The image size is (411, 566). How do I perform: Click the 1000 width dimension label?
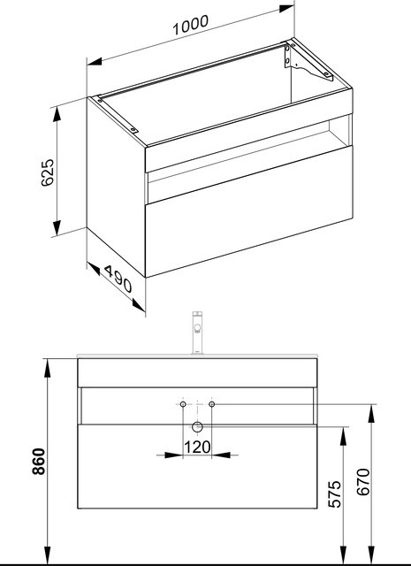(x=191, y=25)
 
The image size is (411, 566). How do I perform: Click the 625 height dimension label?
(x=48, y=172)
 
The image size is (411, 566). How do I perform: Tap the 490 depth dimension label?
(x=118, y=279)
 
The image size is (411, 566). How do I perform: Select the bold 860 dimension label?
(x=39, y=461)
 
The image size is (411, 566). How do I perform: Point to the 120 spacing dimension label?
(x=197, y=447)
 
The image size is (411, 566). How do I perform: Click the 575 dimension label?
(x=334, y=493)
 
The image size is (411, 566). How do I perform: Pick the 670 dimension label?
(x=363, y=482)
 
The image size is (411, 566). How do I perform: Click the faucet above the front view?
(x=197, y=333)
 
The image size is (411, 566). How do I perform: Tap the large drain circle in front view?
(x=197, y=426)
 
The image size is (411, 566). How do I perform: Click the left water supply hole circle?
(x=183, y=404)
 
